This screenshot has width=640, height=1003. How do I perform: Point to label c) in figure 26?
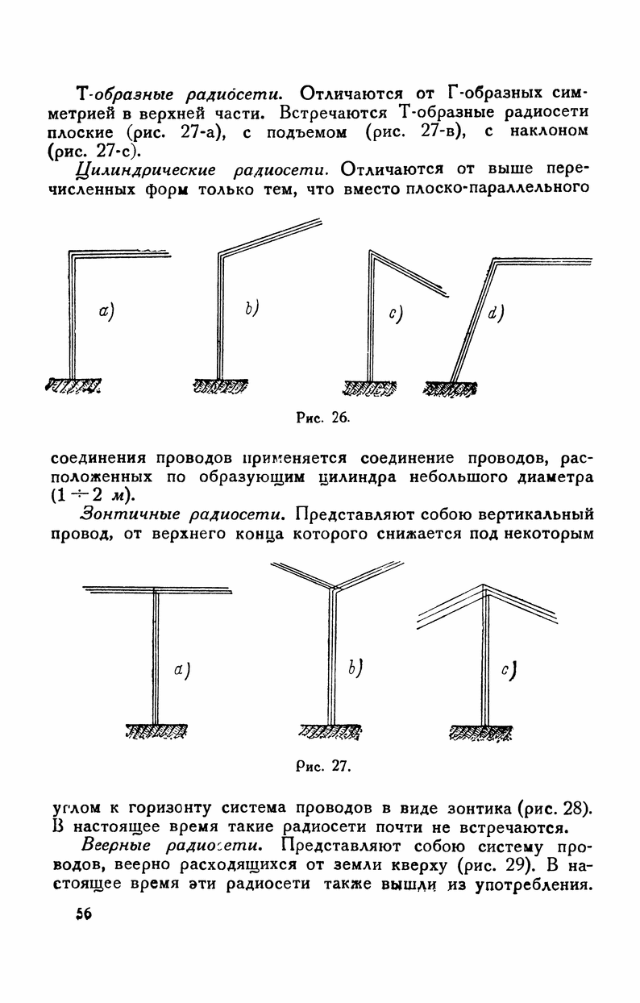tap(395, 315)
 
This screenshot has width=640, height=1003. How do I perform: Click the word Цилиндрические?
tap(132, 170)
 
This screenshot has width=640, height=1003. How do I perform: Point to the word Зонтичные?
tap(123, 513)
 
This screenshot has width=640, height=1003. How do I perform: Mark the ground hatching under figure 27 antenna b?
tap(331, 730)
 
